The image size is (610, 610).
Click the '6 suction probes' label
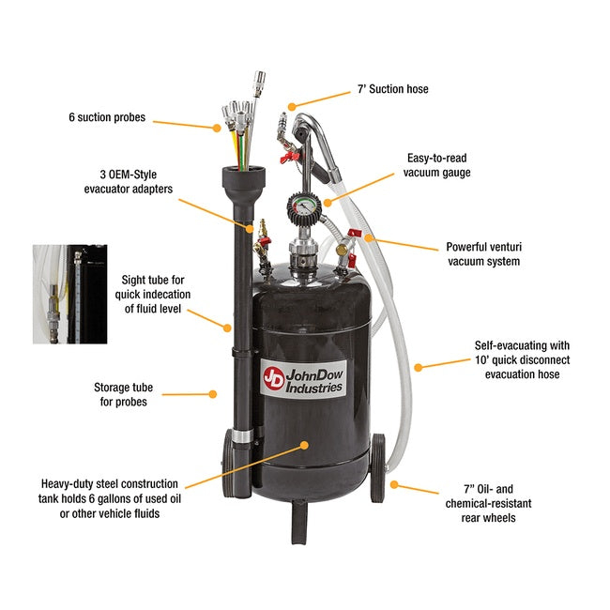tap(108, 119)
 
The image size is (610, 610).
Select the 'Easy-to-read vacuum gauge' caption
tap(437, 166)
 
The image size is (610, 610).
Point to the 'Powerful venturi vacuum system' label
tap(483, 254)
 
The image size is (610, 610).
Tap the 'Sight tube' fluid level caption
tap(156, 295)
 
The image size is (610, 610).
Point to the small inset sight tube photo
tap(70, 294)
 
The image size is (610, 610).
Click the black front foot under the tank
tap(300, 522)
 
